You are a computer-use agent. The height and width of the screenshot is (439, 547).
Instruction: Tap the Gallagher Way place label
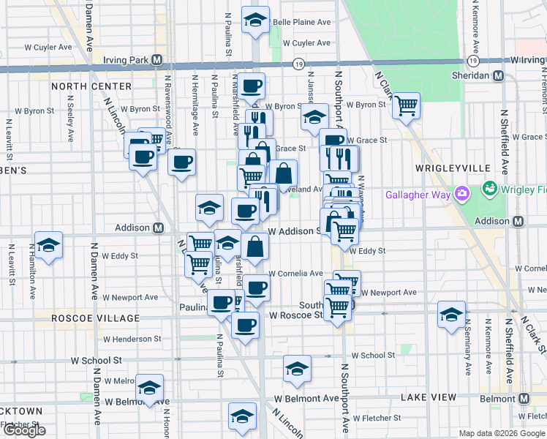(x=420, y=195)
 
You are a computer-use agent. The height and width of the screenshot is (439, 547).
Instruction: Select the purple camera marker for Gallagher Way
(x=461, y=195)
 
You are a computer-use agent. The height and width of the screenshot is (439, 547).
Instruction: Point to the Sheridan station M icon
(x=499, y=75)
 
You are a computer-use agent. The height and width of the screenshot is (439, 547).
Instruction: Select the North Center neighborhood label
(x=91, y=86)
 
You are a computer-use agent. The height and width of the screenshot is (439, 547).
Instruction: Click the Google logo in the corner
(x=24, y=431)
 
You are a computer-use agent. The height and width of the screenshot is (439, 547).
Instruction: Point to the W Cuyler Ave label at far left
(x=49, y=48)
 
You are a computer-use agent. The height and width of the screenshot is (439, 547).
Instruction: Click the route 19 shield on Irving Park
(x=298, y=65)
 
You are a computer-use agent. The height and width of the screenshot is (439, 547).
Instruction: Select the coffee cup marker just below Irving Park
(x=251, y=86)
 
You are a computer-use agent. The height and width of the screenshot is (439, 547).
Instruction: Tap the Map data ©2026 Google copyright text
(x=502, y=433)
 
